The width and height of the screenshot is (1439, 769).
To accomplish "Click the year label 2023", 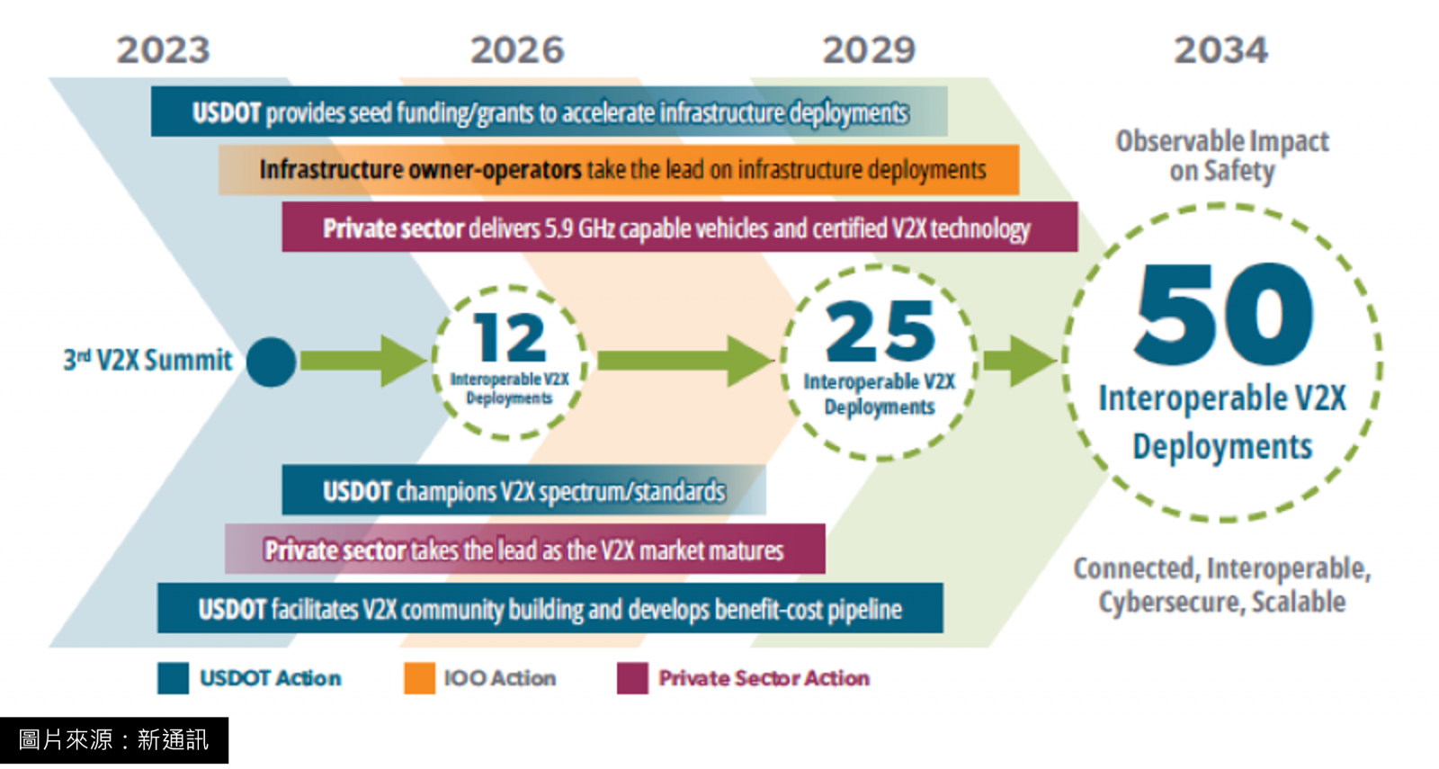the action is point(163,50).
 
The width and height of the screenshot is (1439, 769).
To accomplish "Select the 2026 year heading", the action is point(517,50).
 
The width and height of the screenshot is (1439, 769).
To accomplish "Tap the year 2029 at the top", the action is point(869,50).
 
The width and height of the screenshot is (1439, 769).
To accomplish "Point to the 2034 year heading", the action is point(1221,50).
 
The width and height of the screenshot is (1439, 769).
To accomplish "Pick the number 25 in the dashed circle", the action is point(880,331).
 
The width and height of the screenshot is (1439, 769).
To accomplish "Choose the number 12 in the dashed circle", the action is point(510,337).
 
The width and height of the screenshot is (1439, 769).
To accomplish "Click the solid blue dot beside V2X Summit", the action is point(271,362).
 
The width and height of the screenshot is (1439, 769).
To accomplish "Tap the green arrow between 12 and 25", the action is point(685,361).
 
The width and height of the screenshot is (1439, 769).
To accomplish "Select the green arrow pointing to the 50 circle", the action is point(1020,361).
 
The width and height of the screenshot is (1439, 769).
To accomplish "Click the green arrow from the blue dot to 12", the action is point(363,361).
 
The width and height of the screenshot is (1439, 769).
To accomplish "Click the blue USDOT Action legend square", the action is point(173,678).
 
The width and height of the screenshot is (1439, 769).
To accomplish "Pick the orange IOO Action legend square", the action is point(419,678).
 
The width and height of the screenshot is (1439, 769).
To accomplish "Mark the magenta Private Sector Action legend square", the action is point(632,678).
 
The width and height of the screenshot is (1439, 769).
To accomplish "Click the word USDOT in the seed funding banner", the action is point(226,113).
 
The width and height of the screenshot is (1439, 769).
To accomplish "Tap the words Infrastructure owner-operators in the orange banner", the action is point(420,170).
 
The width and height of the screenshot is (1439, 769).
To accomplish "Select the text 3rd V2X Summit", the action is point(147,360).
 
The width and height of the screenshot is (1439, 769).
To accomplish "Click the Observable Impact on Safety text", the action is point(1222,156).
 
